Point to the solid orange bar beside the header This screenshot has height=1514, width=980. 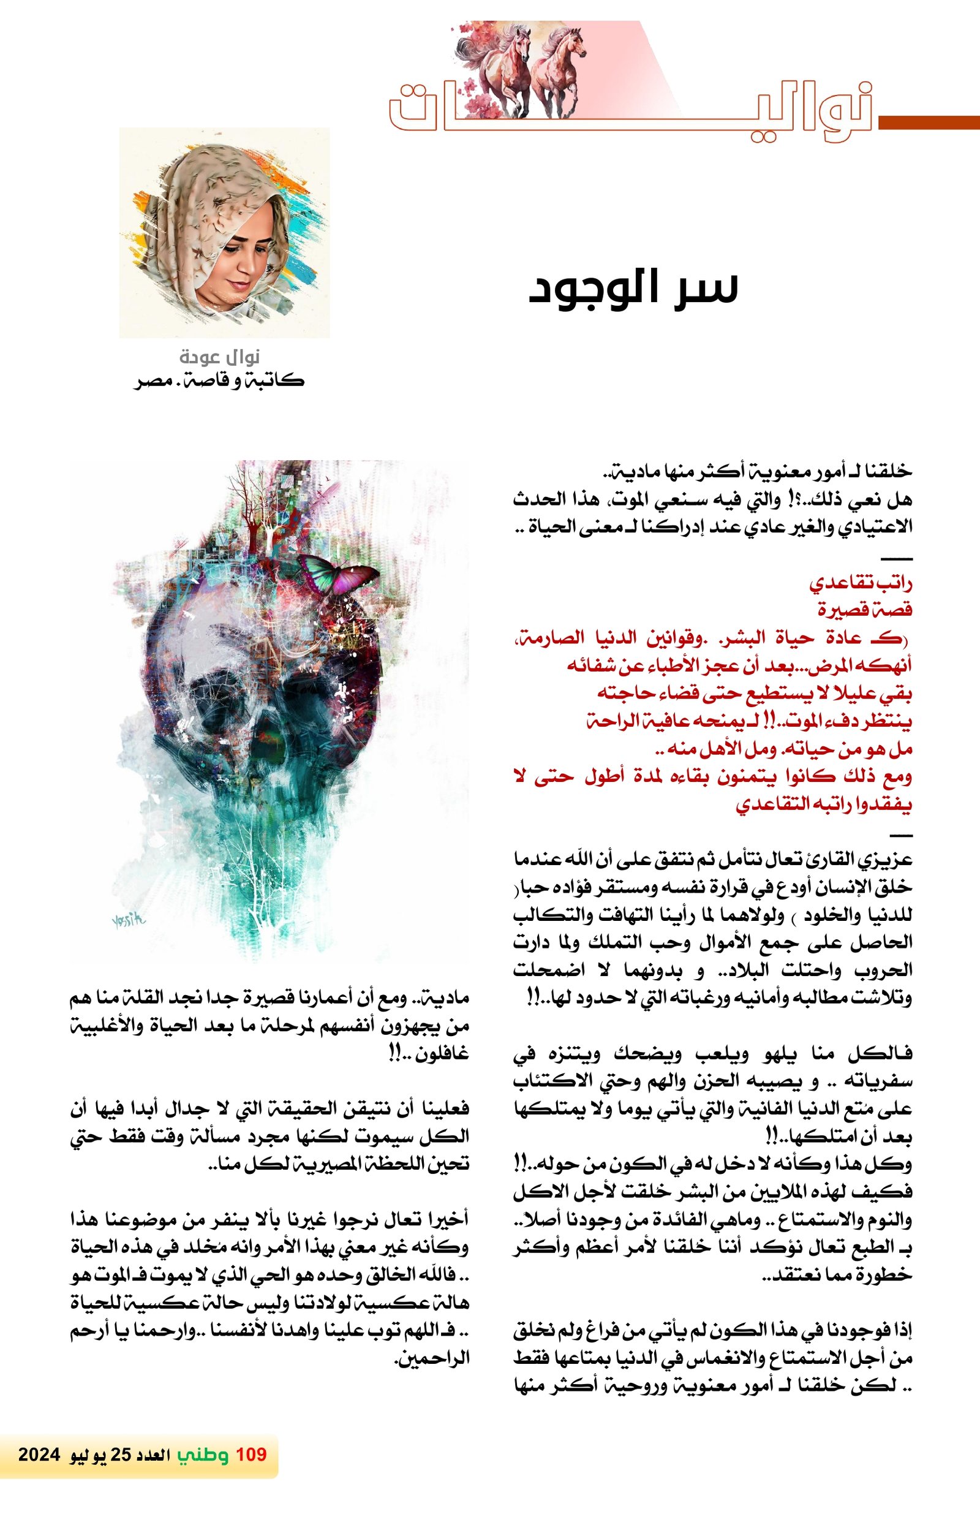pyautogui.click(x=929, y=123)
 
